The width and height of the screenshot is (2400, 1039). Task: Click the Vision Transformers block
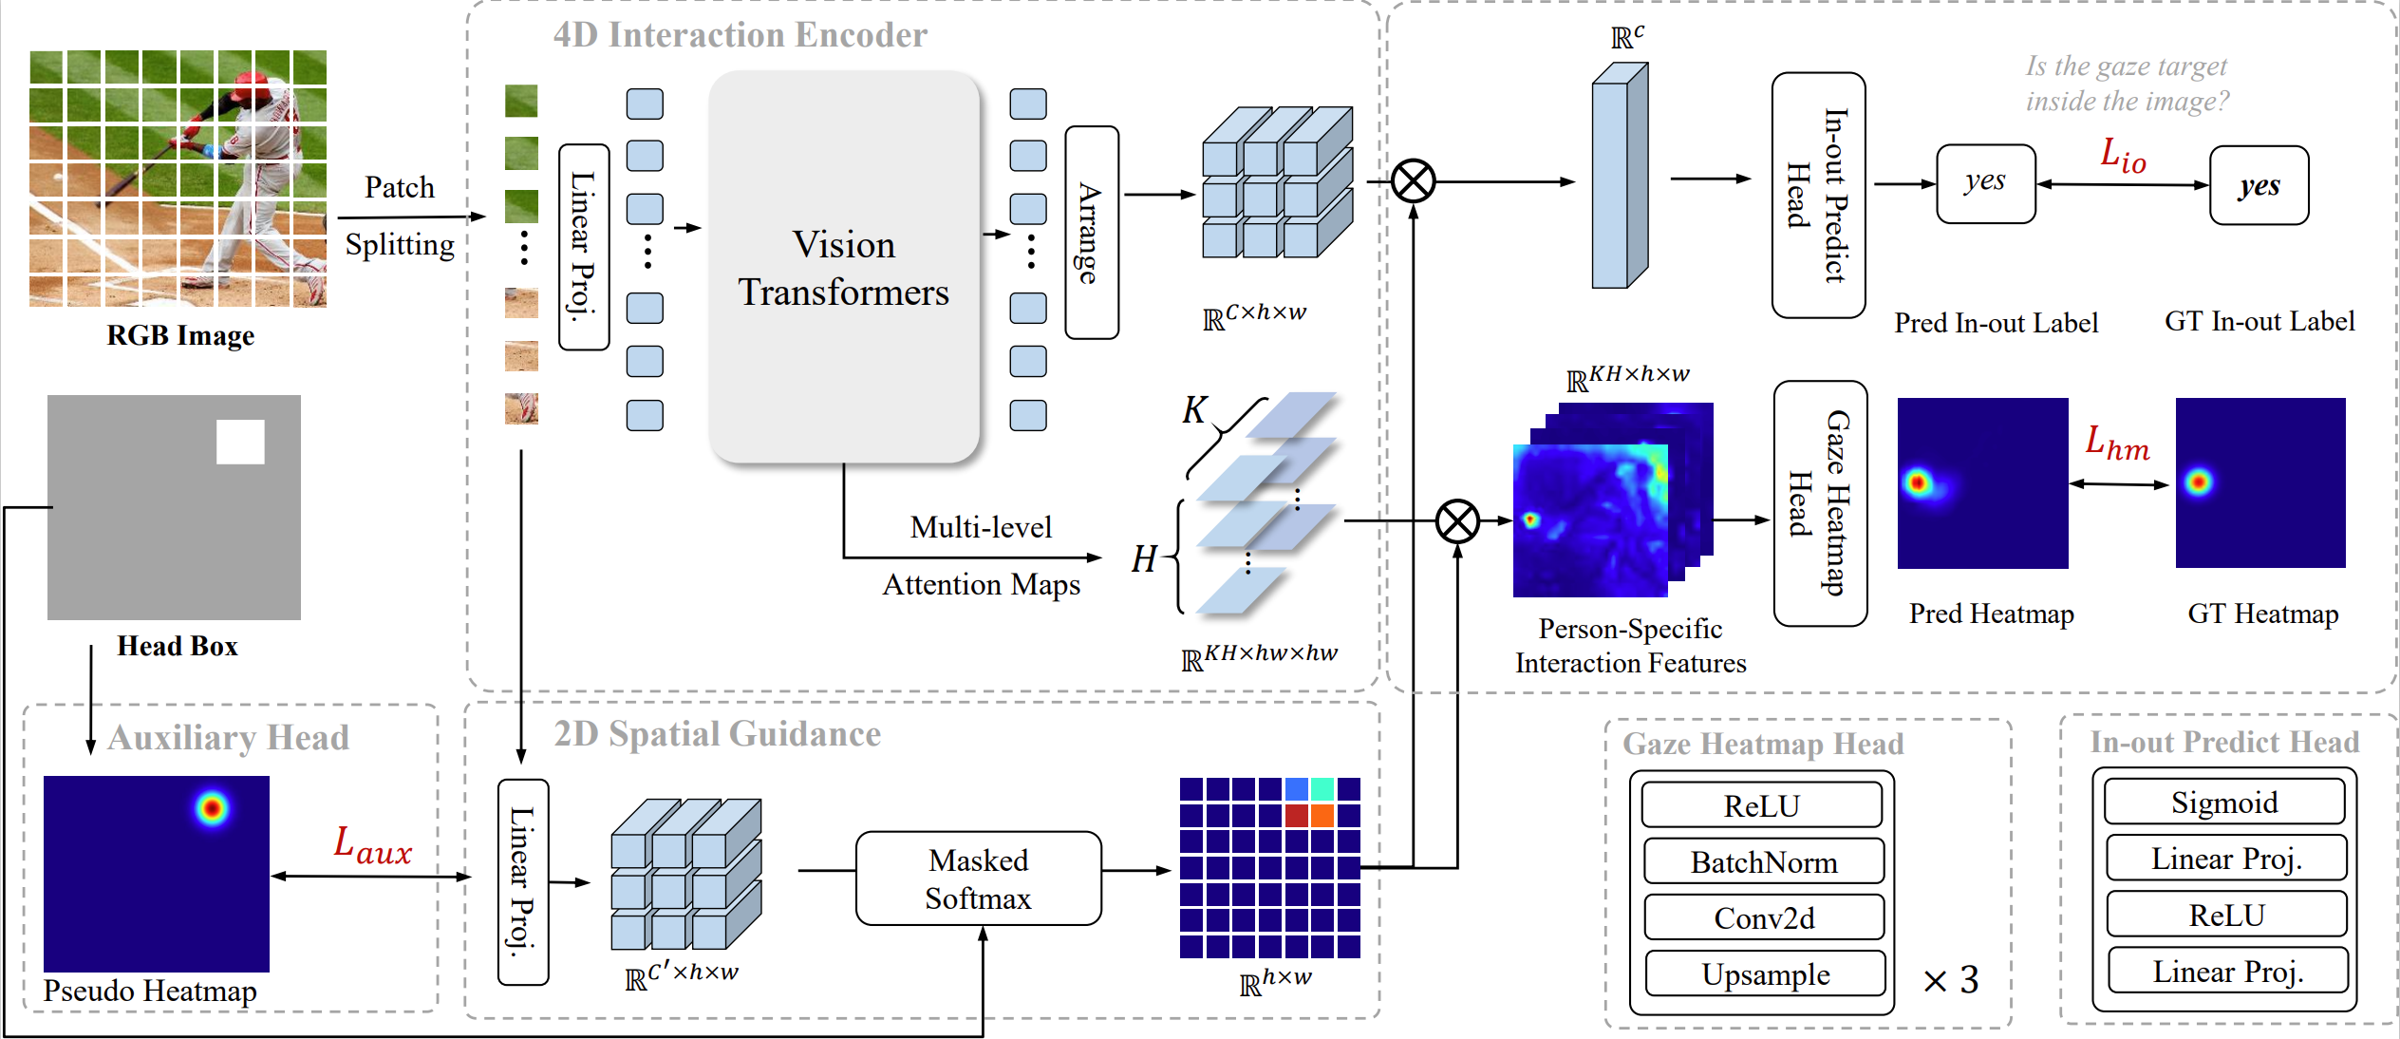pos(844,268)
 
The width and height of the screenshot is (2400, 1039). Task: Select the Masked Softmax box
pos(978,878)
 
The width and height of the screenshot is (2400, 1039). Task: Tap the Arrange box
pos(1091,233)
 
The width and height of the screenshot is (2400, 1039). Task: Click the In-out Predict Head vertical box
pos(1818,196)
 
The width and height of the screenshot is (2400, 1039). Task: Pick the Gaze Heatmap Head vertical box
pos(1820,503)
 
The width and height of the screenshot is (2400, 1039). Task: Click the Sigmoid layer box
pos(2224,803)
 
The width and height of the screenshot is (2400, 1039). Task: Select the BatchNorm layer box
pos(1763,861)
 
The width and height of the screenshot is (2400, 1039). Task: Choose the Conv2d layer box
pos(1764,917)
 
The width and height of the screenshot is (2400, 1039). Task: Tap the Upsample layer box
pos(1765,974)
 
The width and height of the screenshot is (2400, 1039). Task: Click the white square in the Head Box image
pos(240,442)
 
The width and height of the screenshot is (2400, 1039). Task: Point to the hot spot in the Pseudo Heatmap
pos(212,809)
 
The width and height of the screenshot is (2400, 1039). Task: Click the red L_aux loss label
pos(372,845)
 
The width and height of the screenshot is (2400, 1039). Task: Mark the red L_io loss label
pos(2122,156)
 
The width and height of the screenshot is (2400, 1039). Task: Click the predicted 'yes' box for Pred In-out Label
pos(1985,183)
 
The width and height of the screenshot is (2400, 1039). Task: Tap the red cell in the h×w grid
pos(1297,816)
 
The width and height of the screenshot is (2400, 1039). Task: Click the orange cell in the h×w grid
pos(1322,816)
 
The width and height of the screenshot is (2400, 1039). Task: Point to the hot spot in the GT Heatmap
pos(2198,482)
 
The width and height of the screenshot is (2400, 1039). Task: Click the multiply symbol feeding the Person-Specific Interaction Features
pos(1457,520)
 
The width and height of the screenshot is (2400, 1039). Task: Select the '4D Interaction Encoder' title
pos(740,35)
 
